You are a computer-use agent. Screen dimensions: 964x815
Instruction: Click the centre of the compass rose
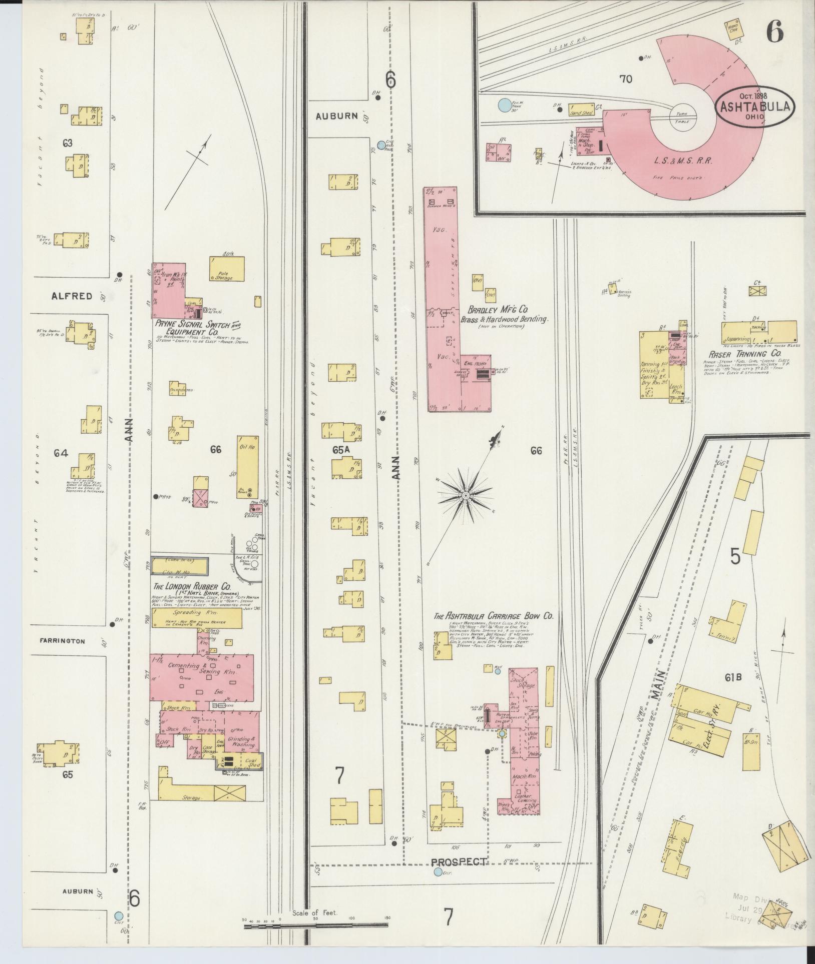[x=466, y=495]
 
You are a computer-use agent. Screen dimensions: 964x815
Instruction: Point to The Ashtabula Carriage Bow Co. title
[x=493, y=616]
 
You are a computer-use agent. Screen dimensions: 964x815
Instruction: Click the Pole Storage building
[x=227, y=269]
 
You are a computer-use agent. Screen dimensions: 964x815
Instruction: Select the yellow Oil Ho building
[x=248, y=467]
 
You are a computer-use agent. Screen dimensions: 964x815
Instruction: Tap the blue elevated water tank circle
[x=505, y=106]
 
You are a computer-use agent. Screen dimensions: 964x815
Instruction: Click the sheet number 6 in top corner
[x=774, y=34]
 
